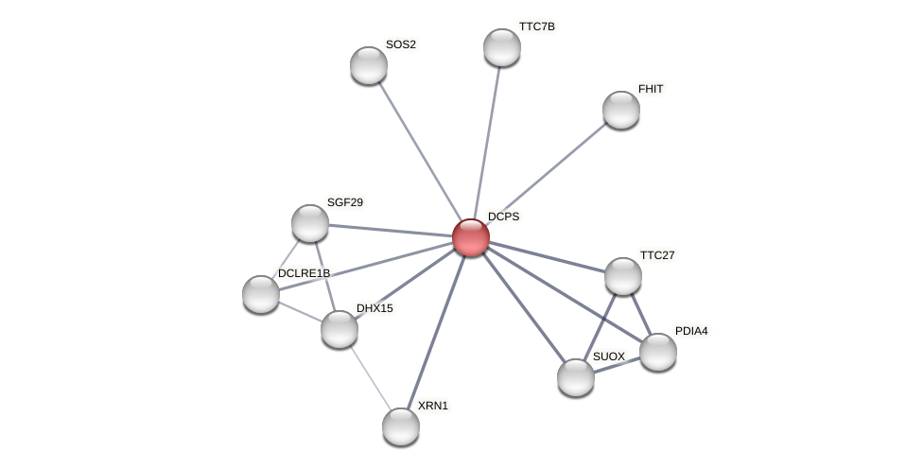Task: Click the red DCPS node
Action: coord(470,237)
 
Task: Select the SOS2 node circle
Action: coord(369,65)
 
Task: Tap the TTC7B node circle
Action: coord(502,47)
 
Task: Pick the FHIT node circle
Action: coord(621,110)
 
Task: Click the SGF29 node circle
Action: coord(310,223)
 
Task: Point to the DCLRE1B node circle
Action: coord(261,294)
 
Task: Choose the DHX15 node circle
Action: coord(340,329)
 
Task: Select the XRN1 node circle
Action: coord(401,426)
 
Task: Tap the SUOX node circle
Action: coord(576,377)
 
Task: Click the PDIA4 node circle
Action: coord(658,352)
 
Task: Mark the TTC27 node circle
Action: coord(623,276)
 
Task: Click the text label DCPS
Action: coord(503,217)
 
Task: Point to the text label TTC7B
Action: coord(536,26)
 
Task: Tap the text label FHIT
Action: coord(651,89)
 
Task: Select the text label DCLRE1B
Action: coord(304,273)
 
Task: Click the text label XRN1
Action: coord(433,406)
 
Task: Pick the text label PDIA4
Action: coord(691,331)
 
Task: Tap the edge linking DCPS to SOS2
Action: coord(419,151)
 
